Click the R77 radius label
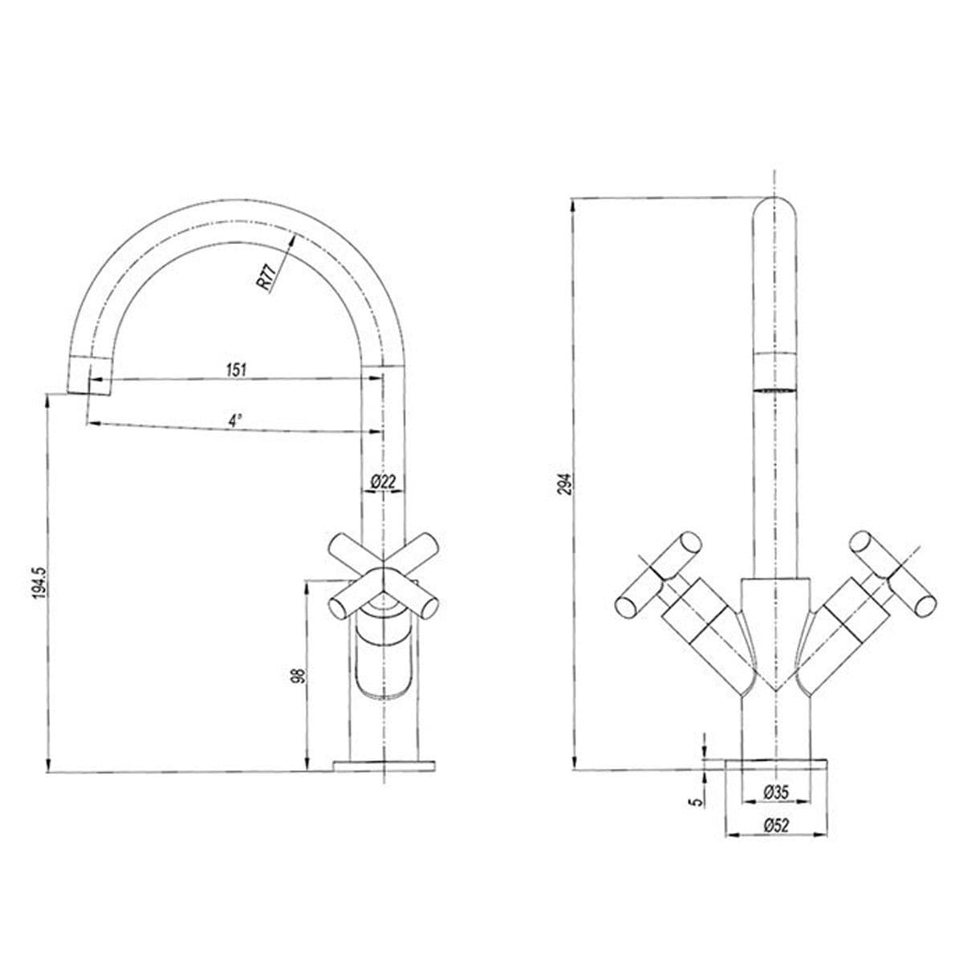pyautogui.click(x=266, y=278)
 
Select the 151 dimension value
pyautogui.click(x=237, y=370)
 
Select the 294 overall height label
pyautogui.click(x=565, y=483)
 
